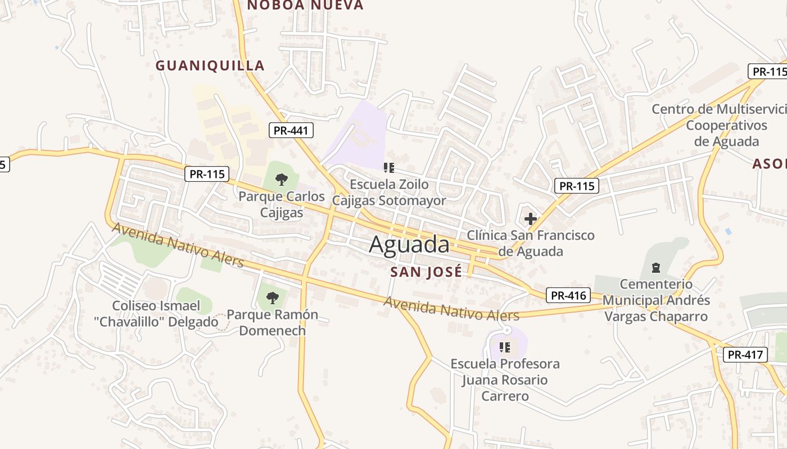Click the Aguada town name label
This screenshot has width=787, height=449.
pos(409,245)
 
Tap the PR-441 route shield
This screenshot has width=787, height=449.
pos(291,131)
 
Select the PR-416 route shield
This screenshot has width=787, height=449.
pos(568,295)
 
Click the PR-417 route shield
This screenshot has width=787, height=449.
pos(745,355)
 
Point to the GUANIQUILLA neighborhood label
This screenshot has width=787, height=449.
pos(210,66)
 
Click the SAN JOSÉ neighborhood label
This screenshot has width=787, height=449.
pos(426,272)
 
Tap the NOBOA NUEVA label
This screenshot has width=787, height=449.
pos(305,6)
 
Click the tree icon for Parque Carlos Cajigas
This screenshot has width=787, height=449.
pos(282,180)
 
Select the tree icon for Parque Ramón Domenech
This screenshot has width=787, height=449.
pos(273,297)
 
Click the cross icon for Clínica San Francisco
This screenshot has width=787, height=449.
pos(530,218)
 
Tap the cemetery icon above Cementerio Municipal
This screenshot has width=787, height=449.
pos(655,267)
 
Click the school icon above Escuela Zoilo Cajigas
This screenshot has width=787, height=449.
pos(388,167)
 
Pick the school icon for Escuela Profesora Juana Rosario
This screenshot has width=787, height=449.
pos(505,347)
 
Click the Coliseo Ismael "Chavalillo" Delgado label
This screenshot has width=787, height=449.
pos(165,314)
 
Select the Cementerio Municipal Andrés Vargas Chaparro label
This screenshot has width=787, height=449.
pos(655,300)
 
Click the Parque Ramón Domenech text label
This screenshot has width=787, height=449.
pos(272,322)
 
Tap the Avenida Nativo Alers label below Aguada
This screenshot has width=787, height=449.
pos(451,308)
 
